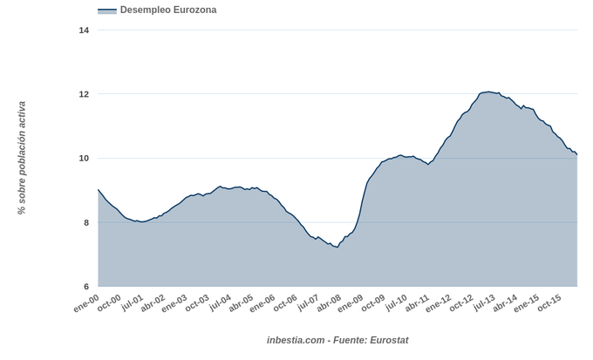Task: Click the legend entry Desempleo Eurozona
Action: [168, 10]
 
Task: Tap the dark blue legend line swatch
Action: [107, 10]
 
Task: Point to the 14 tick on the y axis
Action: [84, 31]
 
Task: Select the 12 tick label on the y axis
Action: [84, 94]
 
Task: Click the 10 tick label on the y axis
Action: [84, 159]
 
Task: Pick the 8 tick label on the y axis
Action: [85, 223]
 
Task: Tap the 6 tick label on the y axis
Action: [85, 287]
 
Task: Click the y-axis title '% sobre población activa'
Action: [22, 159]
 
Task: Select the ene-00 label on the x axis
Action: [85, 304]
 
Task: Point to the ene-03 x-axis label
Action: [174, 304]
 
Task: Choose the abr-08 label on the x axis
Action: [328, 304]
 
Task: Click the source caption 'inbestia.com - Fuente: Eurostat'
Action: [337, 340]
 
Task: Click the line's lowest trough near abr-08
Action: [337, 248]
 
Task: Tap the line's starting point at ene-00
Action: [99, 189]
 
